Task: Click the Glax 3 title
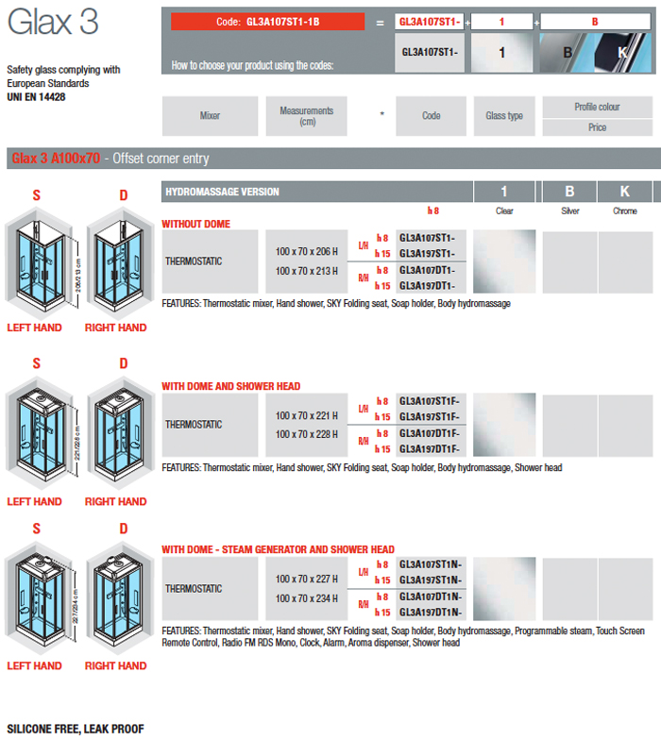tap(52, 24)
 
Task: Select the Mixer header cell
tap(210, 116)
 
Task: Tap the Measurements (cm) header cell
tap(307, 116)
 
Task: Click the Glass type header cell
tap(503, 116)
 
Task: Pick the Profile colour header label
tap(597, 107)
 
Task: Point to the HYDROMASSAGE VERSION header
tap(222, 192)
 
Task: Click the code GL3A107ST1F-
tap(430, 400)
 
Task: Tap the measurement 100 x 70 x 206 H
tap(307, 251)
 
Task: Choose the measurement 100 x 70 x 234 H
tap(307, 598)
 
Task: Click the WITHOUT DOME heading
tap(195, 225)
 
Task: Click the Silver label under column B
tap(570, 211)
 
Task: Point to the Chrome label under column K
tap(625, 211)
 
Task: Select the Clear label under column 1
tap(504, 211)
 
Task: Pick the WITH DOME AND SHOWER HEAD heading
tap(231, 386)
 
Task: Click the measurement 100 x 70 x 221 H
tap(307, 415)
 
